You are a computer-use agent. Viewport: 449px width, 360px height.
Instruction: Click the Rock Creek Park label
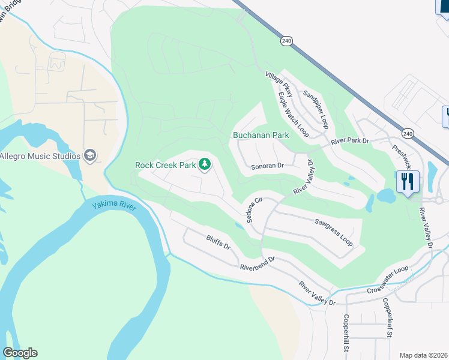[x=166, y=164]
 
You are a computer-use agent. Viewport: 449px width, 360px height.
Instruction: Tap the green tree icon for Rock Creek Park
[x=205, y=164]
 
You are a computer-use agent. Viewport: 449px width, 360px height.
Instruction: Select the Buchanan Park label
[x=261, y=135]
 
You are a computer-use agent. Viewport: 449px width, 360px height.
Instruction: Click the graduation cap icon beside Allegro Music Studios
[x=90, y=156]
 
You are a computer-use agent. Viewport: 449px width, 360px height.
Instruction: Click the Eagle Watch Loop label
[x=294, y=114]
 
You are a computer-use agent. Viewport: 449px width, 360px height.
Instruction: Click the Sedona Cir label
[x=255, y=209]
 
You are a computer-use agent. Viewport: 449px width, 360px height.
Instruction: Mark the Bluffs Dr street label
[x=218, y=243]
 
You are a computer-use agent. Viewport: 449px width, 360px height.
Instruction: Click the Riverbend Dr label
[x=257, y=262]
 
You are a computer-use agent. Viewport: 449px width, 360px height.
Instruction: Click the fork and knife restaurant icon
[x=408, y=181]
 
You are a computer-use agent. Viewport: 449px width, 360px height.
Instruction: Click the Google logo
[x=20, y=353]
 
